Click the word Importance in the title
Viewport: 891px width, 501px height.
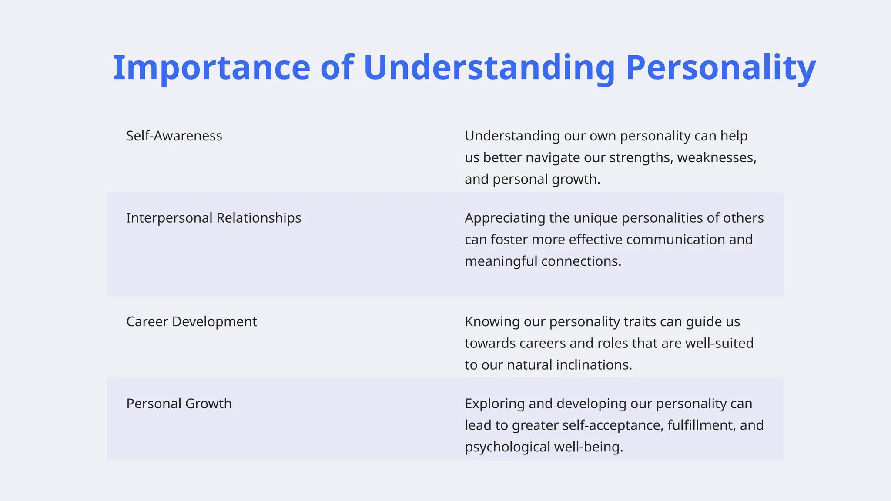(x=211, y=68)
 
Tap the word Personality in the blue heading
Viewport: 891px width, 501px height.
(x=720, y=68)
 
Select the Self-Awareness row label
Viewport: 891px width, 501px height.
(x=174, y=136)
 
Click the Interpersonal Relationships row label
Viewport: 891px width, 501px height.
(x=214, y=218)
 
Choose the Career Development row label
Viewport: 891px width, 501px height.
(x=191, y=321)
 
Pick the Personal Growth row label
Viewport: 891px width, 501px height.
(x=179, y=404)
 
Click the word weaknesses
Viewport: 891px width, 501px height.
(x=717, y=157)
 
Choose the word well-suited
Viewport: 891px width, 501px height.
(x=719, y=343)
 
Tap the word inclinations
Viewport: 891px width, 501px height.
(x=592, y=364)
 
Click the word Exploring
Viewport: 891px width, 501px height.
(x=495, y=404)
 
